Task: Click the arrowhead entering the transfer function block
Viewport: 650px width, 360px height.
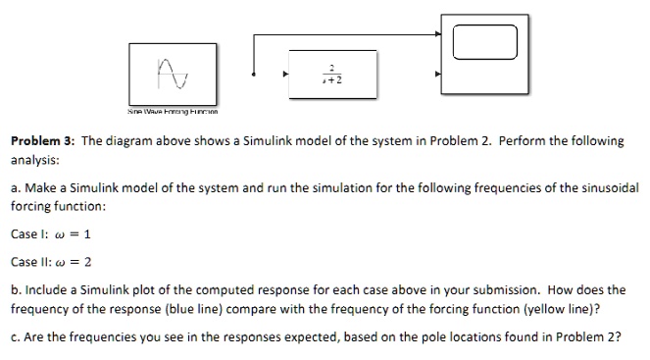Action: click(286, 73)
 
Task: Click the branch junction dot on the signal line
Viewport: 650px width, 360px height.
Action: click(254, 74)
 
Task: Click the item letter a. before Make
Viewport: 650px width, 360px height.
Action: click(16, 189)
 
